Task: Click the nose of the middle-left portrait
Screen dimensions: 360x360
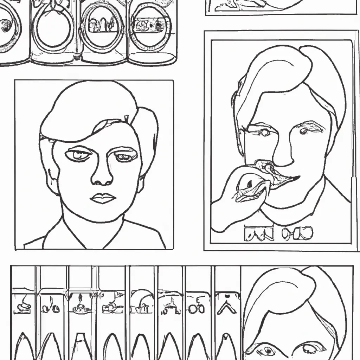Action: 102,176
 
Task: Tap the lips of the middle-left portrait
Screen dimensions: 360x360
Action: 103,198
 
